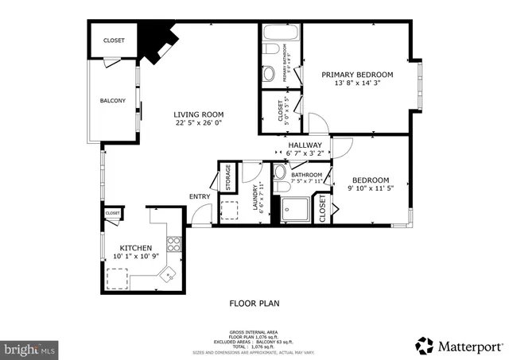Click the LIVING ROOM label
pyautogui.click(x=199, y=114)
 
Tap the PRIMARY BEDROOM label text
pyautogui.click(x=353, y=75)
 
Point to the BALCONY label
pyautogui.click(x=112, y=101)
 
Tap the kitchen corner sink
pyautogui.click(x=169, y=274)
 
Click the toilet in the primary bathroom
pyautogui.click(x=271, y=52)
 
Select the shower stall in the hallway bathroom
pyautogui.click(x=293, y=209)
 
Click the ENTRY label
pyautogui.click(x=199, y=197)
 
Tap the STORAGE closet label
pyautogui.click(x=227, y=176)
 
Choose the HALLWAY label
pyautogui.click(x=305, y=145)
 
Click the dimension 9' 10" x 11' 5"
pyautogui.click(x=371, y=190)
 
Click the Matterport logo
pyautogui.click(x=460, y=345)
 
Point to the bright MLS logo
pyautogui.click(x=30, y=347)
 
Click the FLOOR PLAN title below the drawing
pyautogui.click(x=253, y=304)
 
